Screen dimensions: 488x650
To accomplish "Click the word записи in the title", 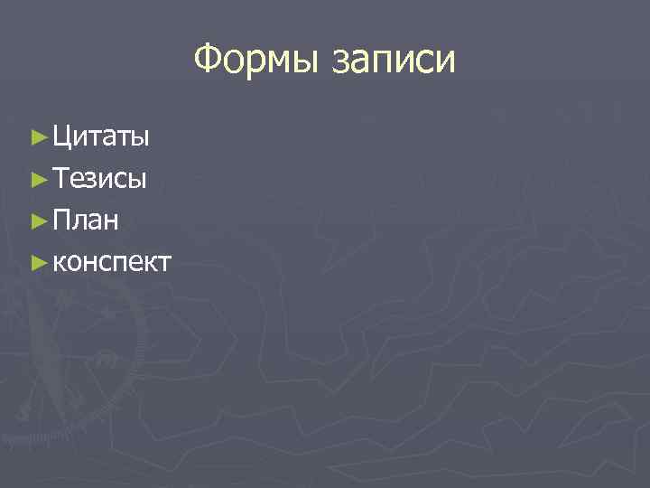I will (395, 61).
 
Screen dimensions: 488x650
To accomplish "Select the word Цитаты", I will (101, 137).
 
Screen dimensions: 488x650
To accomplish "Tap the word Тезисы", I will (99, 179).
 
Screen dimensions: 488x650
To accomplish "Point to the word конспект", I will (112, 263).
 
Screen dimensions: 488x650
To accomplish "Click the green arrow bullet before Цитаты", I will (37, 137).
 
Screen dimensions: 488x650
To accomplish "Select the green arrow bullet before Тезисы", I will (37, 179).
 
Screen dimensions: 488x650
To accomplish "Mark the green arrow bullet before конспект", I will (37, 263).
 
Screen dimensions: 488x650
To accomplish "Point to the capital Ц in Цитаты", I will (62, 137).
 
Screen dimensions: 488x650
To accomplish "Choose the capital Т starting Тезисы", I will (60, 178).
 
